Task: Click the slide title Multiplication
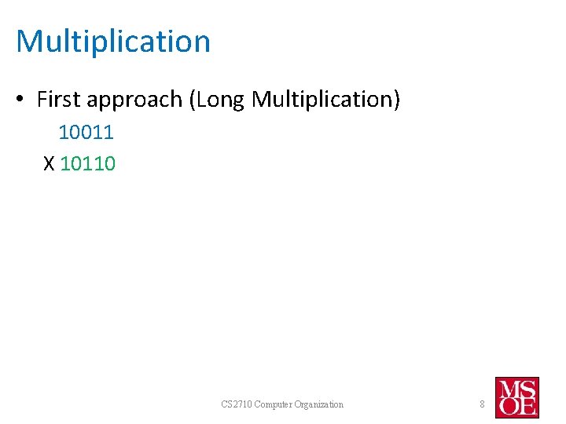click(x=113, y=42)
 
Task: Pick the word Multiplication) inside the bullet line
click(x=326, y=101)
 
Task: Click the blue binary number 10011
click(x=86, y=133)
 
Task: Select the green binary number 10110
click(x=87, y=163)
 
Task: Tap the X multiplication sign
click(x=49, y=163)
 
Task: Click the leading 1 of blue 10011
click(x=64, y=133)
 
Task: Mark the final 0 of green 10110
click(x=110, y=163)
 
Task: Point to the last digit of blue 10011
click(x=109, y=133)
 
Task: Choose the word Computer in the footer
click(x=277, y=404)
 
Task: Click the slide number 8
click(x=482, y=404)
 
